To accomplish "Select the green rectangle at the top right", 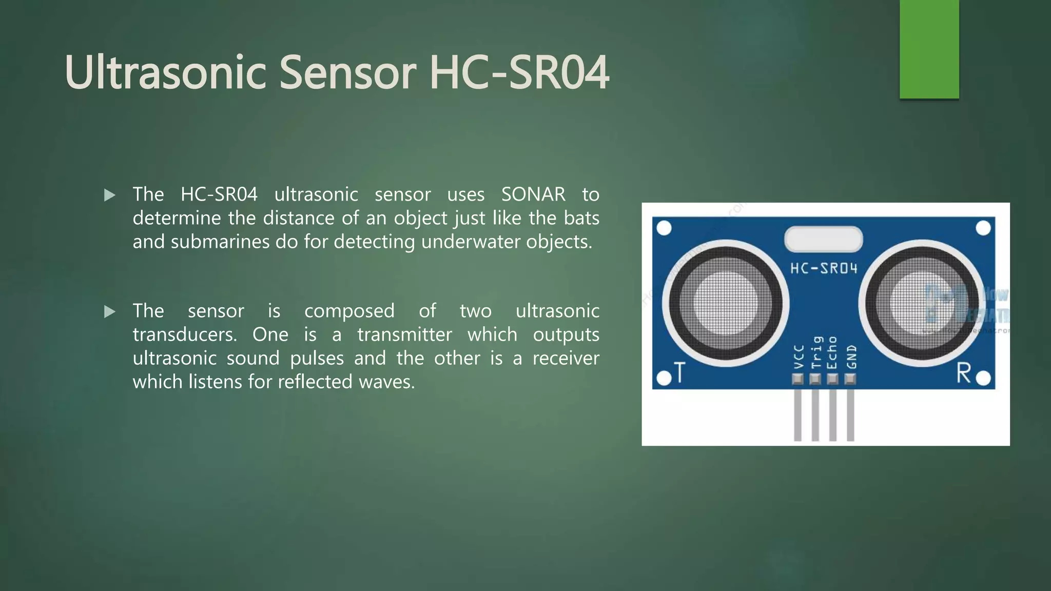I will [929, 49].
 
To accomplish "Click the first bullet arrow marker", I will [109, 195].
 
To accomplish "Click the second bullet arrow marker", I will [109, 311].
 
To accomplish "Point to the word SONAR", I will [533, 194].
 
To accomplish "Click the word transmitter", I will [404, 334].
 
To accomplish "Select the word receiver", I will [566, 358].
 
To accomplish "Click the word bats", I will [581, 218].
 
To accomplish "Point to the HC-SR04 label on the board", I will [824, 268].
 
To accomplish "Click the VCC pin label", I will [799, 356].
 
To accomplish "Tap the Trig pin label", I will [816, 352].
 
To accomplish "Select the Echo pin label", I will [833, 352].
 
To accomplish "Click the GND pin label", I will [851, 356].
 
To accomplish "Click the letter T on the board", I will [679, 372].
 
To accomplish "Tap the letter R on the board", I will [963, 373].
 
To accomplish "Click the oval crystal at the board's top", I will [823, 239].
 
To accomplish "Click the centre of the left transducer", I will [726, 303].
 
